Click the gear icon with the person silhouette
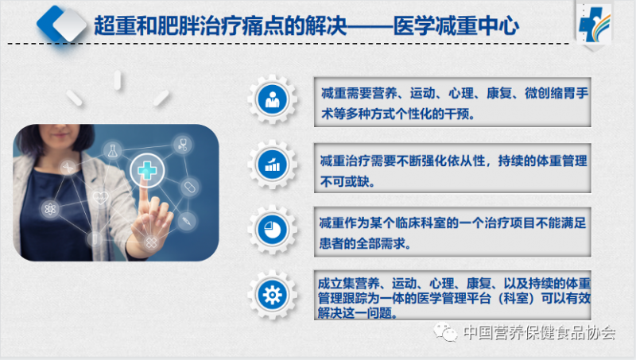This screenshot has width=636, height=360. pyautogui.click(x=272, y=99)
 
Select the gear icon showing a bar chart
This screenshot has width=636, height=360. pyautogui.click(x=272, y=165)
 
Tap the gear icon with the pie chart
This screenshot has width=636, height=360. pyautogui.click(x=272, y=230)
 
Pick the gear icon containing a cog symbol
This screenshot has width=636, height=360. pyautogui.click(x=272, y=295)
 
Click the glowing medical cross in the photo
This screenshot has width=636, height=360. pyautogui.click(x=147, y=170)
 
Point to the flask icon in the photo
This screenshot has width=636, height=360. pyautogui.click(x=112, y=151)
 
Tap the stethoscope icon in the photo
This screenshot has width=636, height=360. pyautogui.click(x=183, y=145)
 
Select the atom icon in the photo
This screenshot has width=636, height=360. pyautogui.click(x=50, y=209)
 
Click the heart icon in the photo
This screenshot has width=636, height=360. pyautogui.click(x=100, y=198)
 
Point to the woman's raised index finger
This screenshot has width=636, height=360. pyautogui.click(x=144, y=199)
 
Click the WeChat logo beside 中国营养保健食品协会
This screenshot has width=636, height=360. pyautogui.click(x=446, y=332)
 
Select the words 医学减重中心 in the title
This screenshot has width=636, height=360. pyautogui.click(x=456, y=26)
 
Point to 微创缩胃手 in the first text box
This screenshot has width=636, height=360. pyautogui.click(x=556, y=93)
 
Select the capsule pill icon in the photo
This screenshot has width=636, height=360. pyautogui.click(x=189, y=188)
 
